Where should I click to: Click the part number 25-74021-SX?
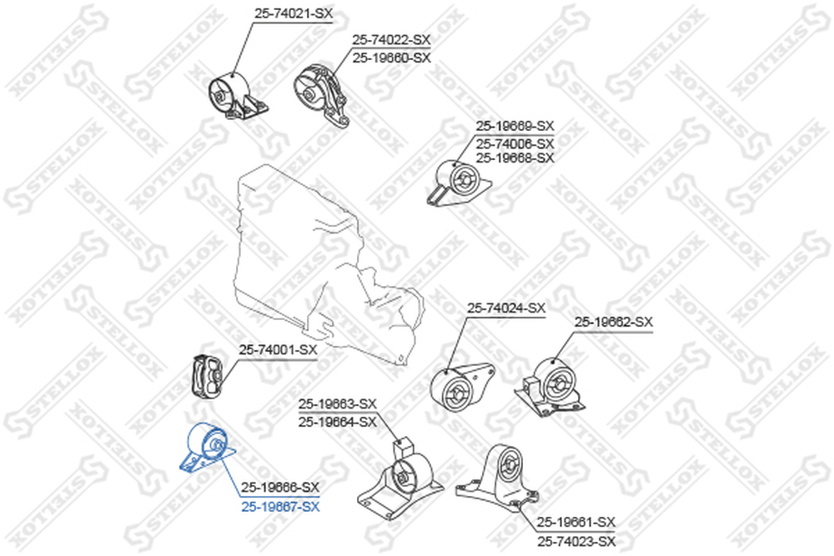294,13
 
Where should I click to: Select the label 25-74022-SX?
391,39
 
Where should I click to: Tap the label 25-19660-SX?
391,58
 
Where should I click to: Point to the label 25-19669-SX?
515,126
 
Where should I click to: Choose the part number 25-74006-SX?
515,143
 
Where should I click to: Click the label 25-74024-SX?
506,308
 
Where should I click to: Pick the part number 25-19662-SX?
613,322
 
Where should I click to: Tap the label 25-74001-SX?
278,350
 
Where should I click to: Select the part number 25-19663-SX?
337,404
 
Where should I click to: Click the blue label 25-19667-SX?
281,507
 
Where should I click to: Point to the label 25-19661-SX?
576,523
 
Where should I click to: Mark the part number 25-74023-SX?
576,542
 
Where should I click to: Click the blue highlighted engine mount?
206,448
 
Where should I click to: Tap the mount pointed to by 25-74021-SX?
237,96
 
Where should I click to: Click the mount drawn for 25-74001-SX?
208,376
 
